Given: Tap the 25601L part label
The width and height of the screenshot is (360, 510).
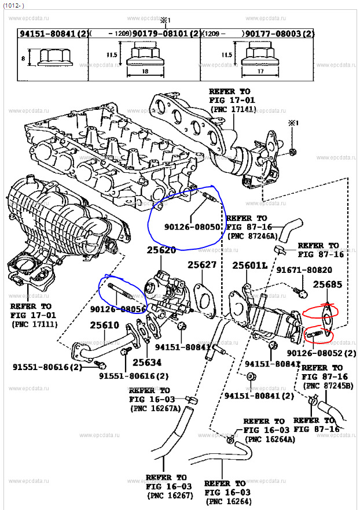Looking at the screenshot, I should point(250,265).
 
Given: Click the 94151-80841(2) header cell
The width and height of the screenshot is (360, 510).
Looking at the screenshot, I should point(53,35).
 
